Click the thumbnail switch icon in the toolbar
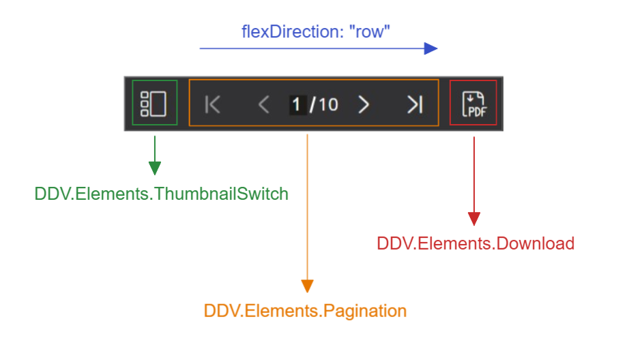coord(154,103)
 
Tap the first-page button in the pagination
coord(213,104)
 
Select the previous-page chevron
coord(263,104)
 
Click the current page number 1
coord(297,104)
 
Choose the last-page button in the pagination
coord(415,104)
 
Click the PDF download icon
coord(473,104)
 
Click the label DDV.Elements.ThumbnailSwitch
coord(162,194)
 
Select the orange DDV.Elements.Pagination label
coord(305,311)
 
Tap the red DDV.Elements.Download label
coord(476,243)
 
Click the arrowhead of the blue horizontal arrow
coord(430,48)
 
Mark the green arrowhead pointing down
coord(155,168)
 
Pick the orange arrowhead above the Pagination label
coord(308,285)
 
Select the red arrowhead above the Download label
coord(473,218)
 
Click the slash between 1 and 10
coord(312,104)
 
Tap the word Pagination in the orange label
coord(364,311)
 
